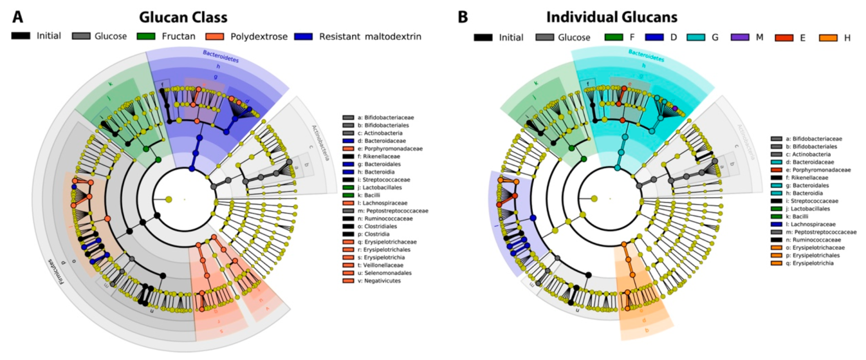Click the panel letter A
[18, 17]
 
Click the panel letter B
[463, 17]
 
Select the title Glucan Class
[183, 17]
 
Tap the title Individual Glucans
[612, 17]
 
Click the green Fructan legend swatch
[146, 36]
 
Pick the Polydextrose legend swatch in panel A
[215, 36]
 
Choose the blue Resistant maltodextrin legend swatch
[303, 36]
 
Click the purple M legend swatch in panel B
[740, 37]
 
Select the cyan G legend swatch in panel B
[696, 37]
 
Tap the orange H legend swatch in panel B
[828, 38]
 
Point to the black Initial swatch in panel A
[21, 36]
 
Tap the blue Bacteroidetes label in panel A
[221, 56]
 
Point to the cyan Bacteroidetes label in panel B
[646, 55]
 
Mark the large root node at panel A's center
[169, 199]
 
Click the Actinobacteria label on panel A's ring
[321, 143]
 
